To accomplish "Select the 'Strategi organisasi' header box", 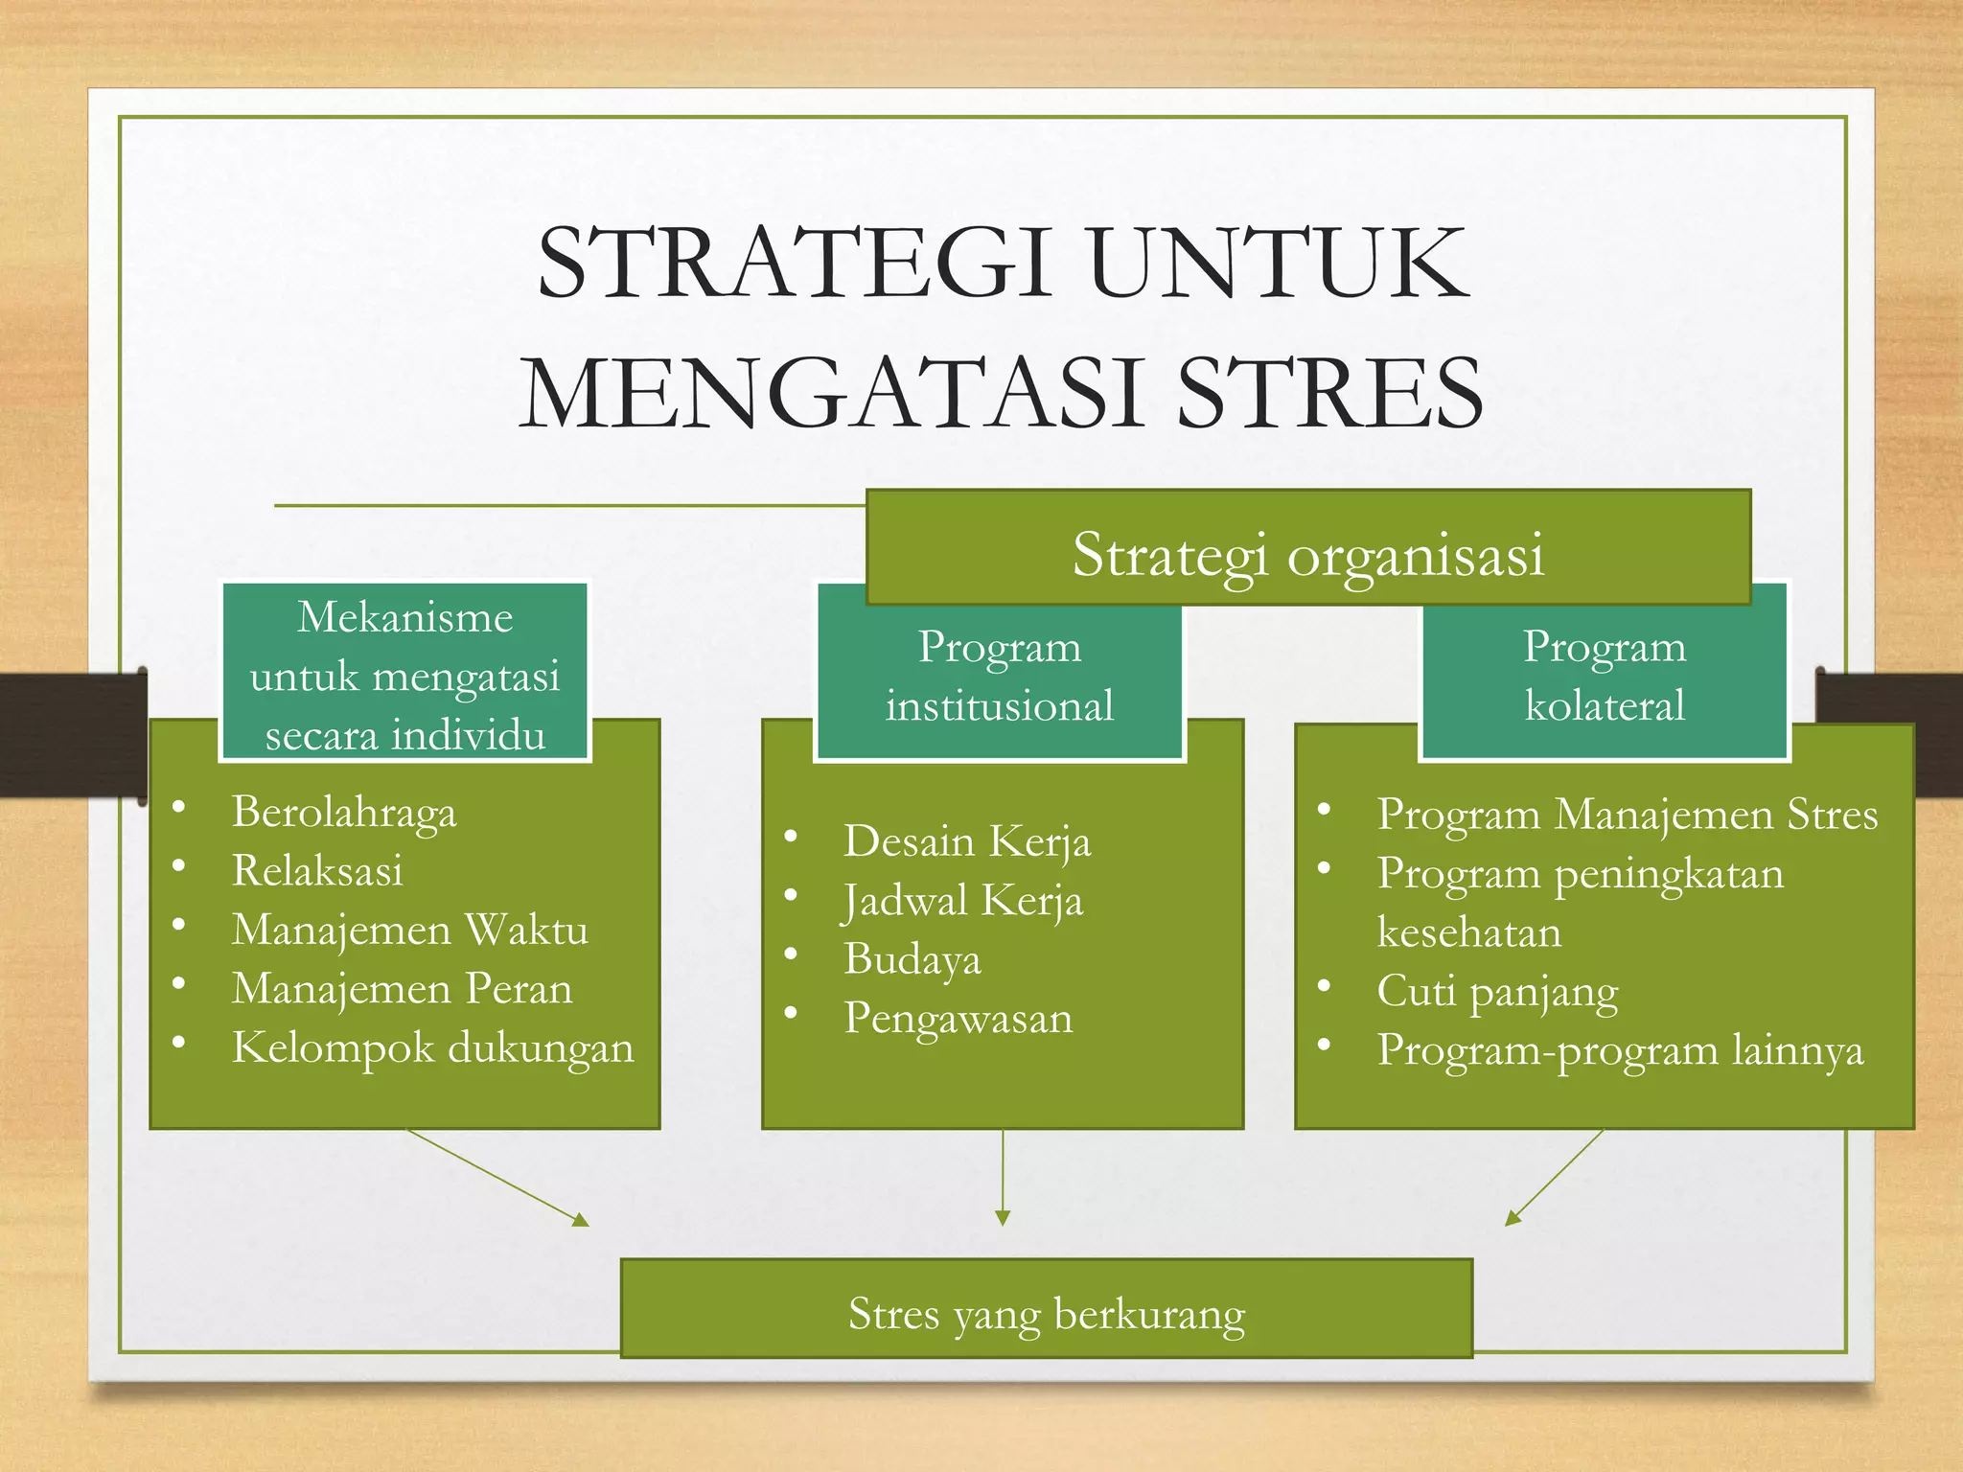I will (x=1307, y=552).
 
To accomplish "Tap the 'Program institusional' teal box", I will (x=1000, y=676).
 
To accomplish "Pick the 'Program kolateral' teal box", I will (x=1604, y=676).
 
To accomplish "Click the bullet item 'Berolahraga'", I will (x=344, y=813).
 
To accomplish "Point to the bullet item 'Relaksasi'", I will (x=317, y=871).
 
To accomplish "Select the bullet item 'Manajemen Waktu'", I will (x=410, y=931).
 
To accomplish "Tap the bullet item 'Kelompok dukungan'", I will (x=432, y=1048).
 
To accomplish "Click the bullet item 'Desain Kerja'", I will (x=967, y=841).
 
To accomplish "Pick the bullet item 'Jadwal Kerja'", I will (x=963, y=901).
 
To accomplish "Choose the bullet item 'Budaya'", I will (x=912, y=959).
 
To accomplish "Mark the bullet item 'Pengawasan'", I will (x=958, y=1019).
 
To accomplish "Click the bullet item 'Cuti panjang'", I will (x=1497, y=992).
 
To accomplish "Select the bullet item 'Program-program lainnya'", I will (x=1620, y=1050).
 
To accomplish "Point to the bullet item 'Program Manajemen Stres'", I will (x=1627, y=815).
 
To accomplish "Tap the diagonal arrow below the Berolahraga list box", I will (x=497, y=1178).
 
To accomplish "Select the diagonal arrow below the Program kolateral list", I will (x=1554, y=1178).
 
